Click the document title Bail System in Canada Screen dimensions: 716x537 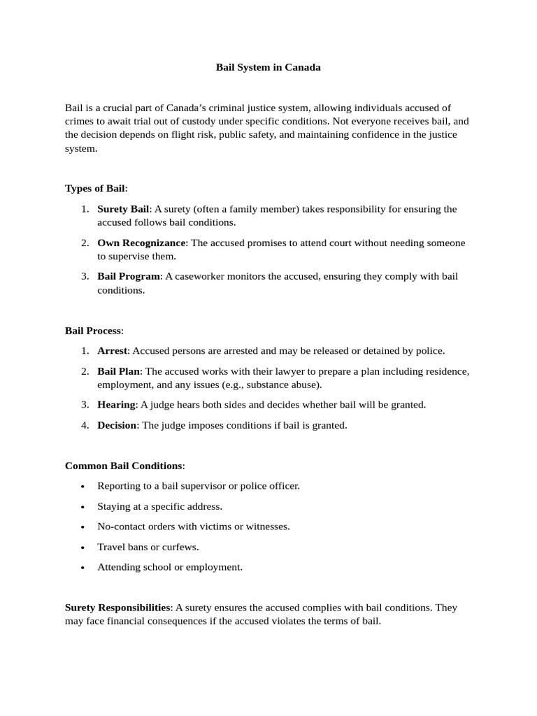[268, 68]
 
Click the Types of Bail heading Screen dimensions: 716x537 [96, 188]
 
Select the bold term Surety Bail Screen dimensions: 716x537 [123, 209]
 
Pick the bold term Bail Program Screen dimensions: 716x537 [129, 276]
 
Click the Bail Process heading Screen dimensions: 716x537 [93, 330]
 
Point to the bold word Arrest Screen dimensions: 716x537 [112, 350]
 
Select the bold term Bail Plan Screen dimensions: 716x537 [119, 371]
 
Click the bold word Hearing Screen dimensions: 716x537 [116, 405]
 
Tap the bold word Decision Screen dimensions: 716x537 [117, 425]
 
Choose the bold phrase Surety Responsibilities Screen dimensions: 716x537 [117, 608]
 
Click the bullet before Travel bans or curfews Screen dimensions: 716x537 [83, 547]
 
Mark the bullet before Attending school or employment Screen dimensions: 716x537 [83, 568]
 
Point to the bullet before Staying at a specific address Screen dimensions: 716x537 [83, 507]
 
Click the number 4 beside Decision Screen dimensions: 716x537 [84, 425]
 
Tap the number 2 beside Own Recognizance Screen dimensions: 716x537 [84, 243]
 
